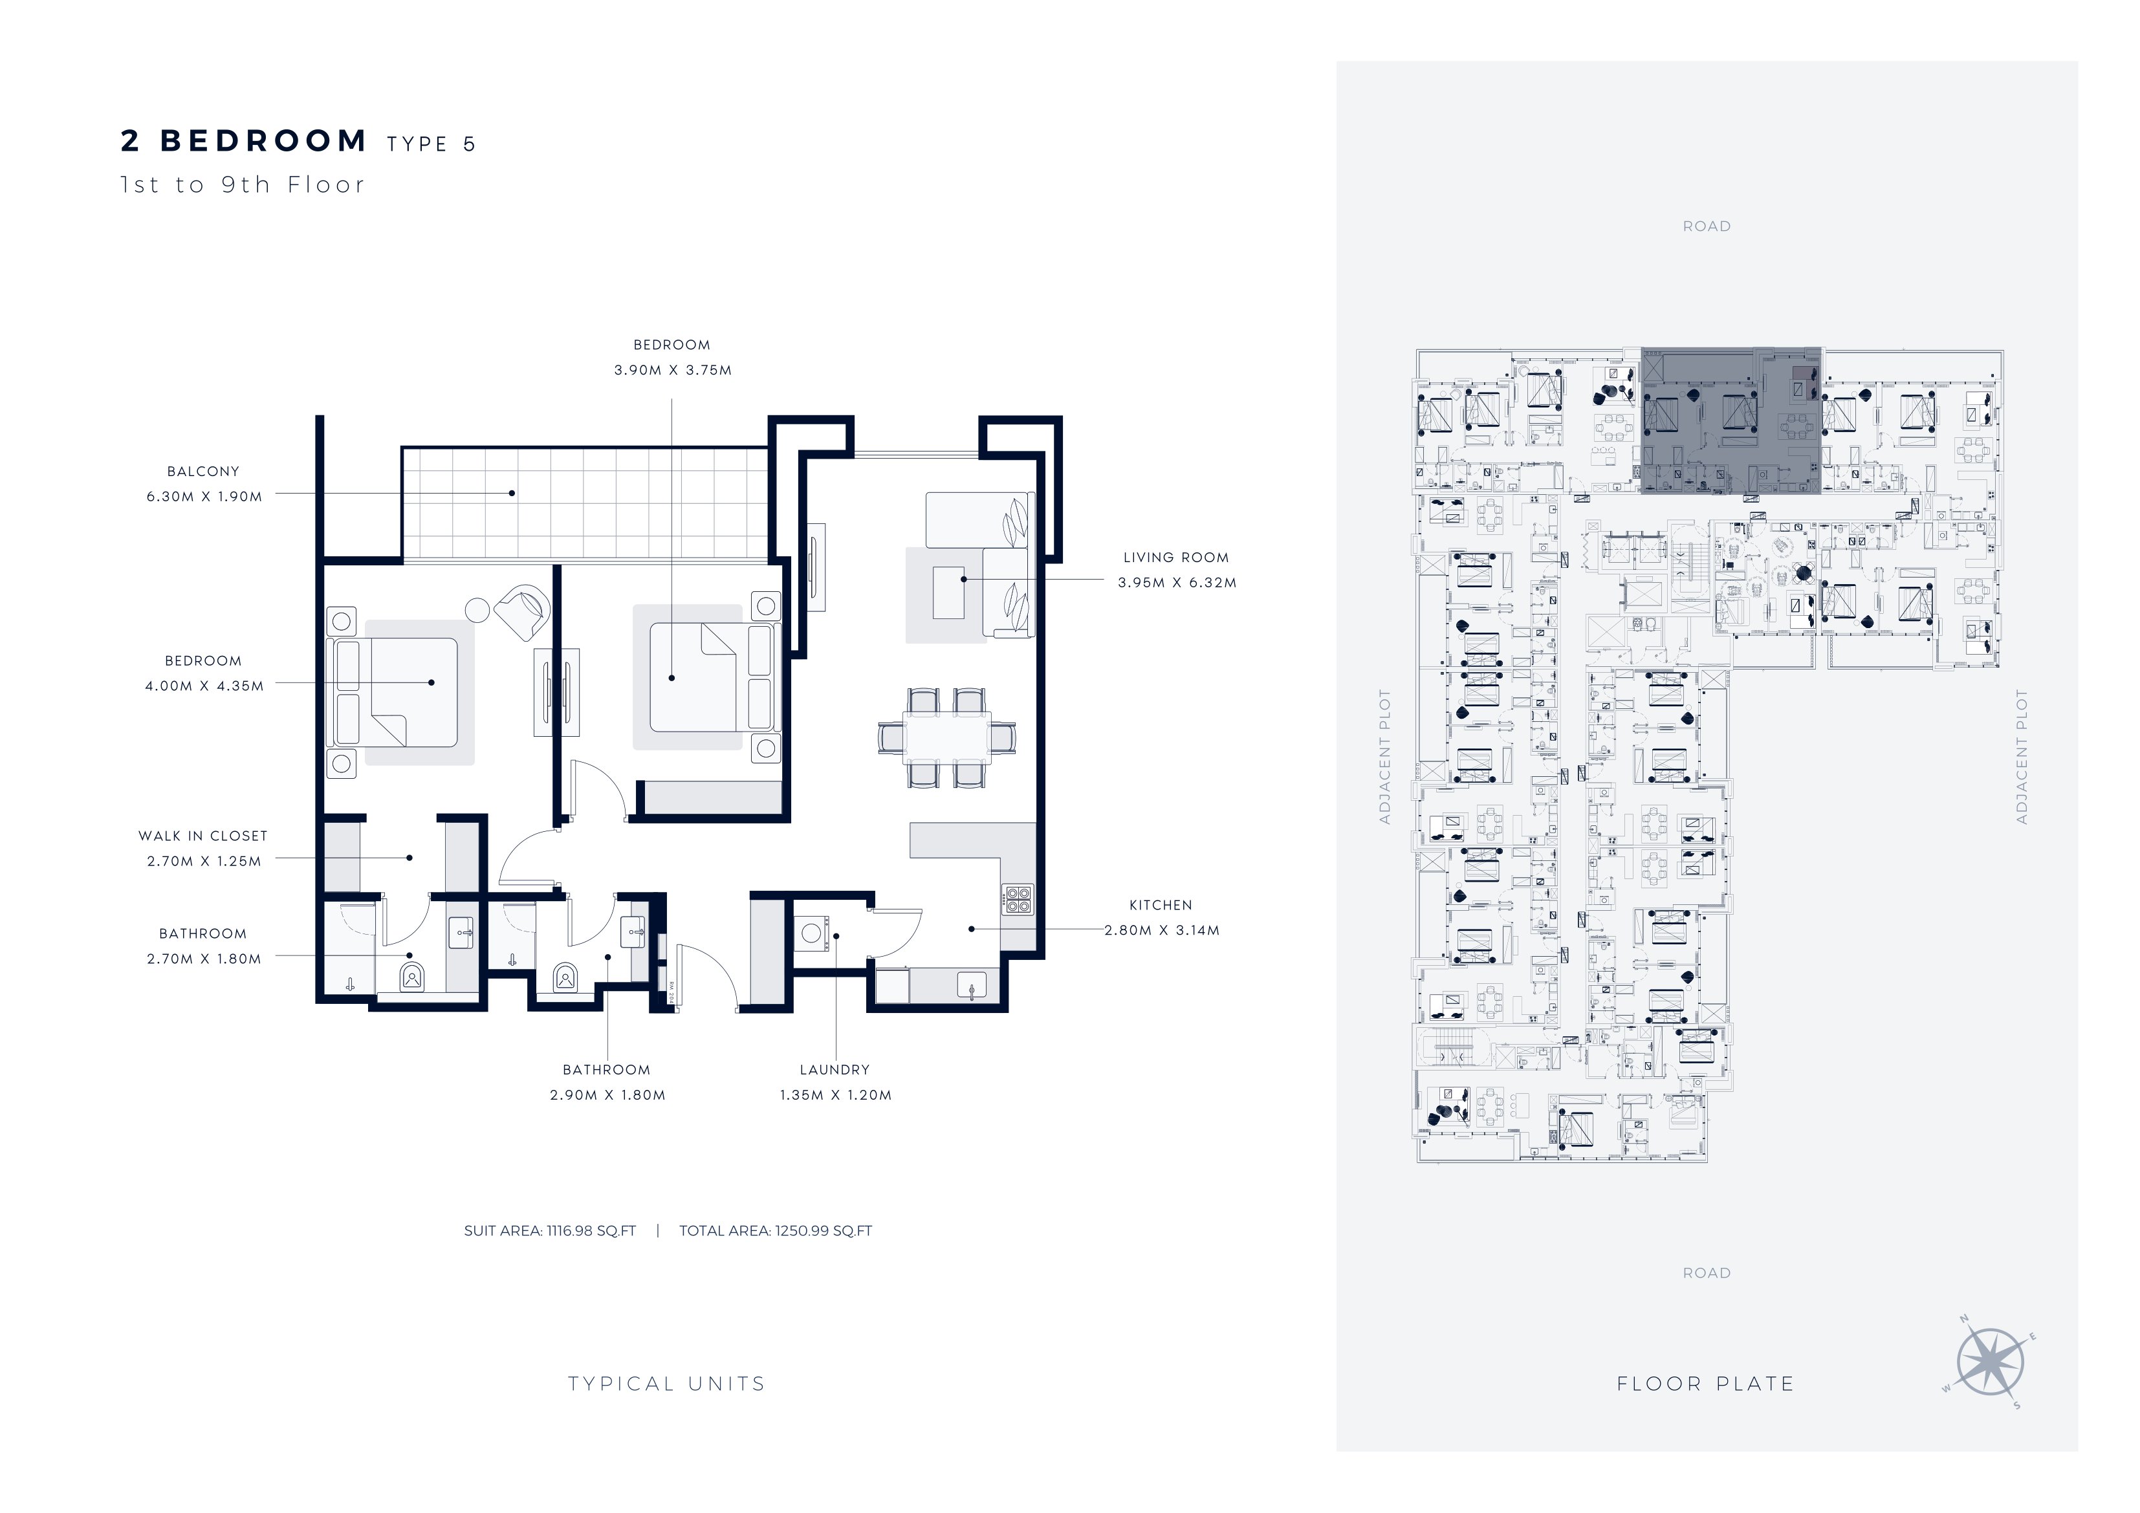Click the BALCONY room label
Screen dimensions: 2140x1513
tap(203, 472)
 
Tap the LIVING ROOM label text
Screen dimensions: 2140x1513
tap(1176, 558)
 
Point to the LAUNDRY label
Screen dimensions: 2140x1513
tap(834, 1070)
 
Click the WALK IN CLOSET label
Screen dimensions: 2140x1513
tap(203, 836)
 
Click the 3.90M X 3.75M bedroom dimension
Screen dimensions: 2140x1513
tap(673, 370)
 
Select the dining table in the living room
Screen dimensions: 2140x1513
tap(947, 738)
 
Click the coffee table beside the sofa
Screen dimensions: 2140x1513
tap(949, 592)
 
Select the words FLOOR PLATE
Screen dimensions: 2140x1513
tap(1706, 1384)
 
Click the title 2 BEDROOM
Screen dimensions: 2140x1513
tap(244, 141)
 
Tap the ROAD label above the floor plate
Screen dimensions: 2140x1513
tap(1707, 226)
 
